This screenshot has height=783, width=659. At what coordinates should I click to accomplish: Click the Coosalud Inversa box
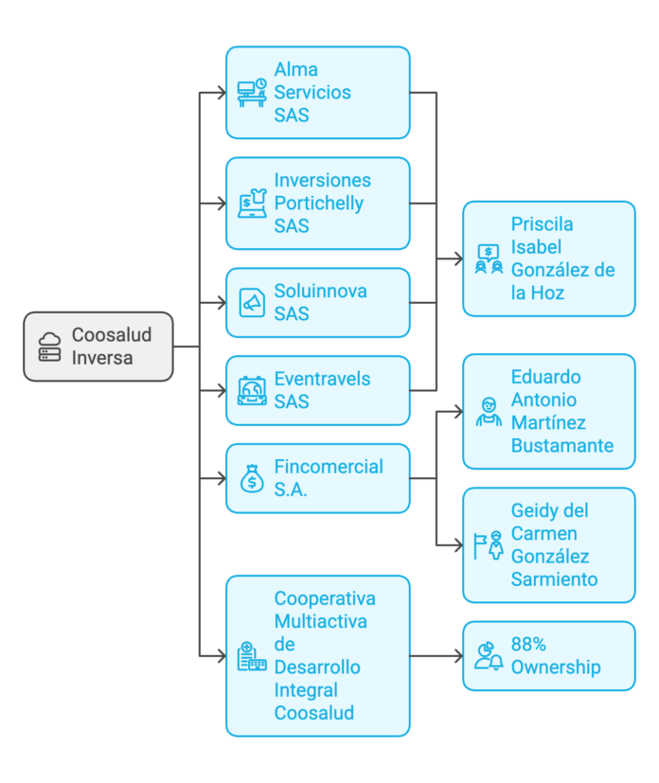[98, 347]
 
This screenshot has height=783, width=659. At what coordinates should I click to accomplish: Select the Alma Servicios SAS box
[317, 93]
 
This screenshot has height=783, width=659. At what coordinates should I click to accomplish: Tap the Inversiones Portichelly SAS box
[317, 204]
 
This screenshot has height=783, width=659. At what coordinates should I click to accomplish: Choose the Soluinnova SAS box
[317, 303]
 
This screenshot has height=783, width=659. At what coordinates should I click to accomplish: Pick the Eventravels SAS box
[317, 390]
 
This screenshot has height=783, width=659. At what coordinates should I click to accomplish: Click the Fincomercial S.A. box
[317, 478]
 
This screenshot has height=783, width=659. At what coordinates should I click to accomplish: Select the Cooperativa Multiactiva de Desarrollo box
[317, 655]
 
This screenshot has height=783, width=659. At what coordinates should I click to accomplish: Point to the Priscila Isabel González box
[549, 258]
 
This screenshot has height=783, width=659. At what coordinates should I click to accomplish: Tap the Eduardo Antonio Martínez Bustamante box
[549, 411]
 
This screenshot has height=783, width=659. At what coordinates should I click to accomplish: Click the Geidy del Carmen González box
[549, 544]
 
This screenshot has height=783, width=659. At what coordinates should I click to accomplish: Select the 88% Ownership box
[549, 655]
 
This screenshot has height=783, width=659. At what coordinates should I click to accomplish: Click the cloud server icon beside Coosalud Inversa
[50, 347]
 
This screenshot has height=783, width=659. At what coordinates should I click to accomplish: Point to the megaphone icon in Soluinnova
[252, 303]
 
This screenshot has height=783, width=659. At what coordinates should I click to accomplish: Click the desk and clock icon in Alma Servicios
[252, 93]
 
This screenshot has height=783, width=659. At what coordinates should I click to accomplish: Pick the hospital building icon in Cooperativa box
[251, 656]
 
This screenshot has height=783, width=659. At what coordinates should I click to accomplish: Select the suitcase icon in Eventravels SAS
[252, 390]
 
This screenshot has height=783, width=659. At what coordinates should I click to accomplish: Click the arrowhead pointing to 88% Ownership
[456, 655]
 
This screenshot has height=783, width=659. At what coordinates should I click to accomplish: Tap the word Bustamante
[562, 446]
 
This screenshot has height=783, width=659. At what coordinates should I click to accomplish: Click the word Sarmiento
[555, 579]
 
